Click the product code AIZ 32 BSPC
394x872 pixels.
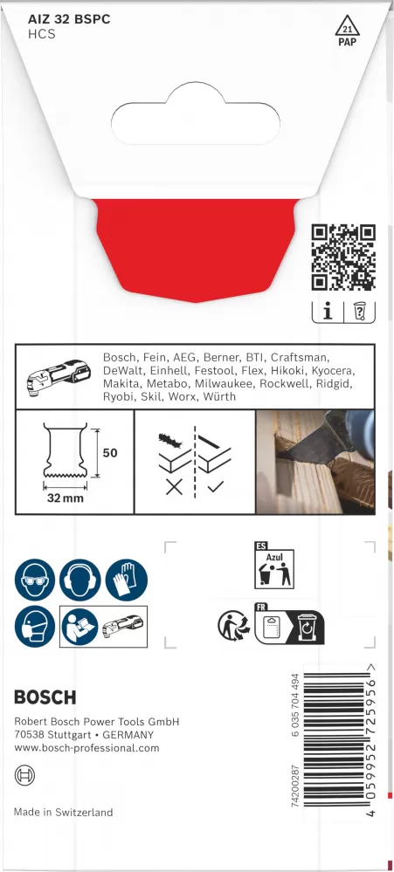pyautogui.click(x=69, y=20)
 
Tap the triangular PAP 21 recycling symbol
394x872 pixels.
pyautogui.click(x=347, y=31)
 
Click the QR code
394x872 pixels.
pyautogui.click(x=342, y=257)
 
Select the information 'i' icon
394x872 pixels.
pyautogui.click(x=328, y=312)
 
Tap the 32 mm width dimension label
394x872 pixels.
pyautogui.click(x=66, y=498)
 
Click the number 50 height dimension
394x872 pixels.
pyautogui.click(x=110, y=453)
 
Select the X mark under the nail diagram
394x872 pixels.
pyautogui.click(x=174, y=488)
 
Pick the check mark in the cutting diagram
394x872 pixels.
pyautogui.click(x=215, y=488)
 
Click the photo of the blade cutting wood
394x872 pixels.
pyautogui.click(x=315, y=462)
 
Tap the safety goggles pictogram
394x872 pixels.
pyautogui.click(x=34, y=580)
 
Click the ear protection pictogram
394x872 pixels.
pyautogui.click(x=80, y=580)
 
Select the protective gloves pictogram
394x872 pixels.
pyautogui.click(x=127, y=580)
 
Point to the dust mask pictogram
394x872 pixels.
pyautogui.click(x=34, y=626)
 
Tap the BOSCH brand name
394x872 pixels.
pyautogui.click(x=45, y=697)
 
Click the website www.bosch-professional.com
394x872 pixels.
pyautogui.click(x=86, y=748)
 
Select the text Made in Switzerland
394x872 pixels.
pyautogui.click(x=64, y=813)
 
